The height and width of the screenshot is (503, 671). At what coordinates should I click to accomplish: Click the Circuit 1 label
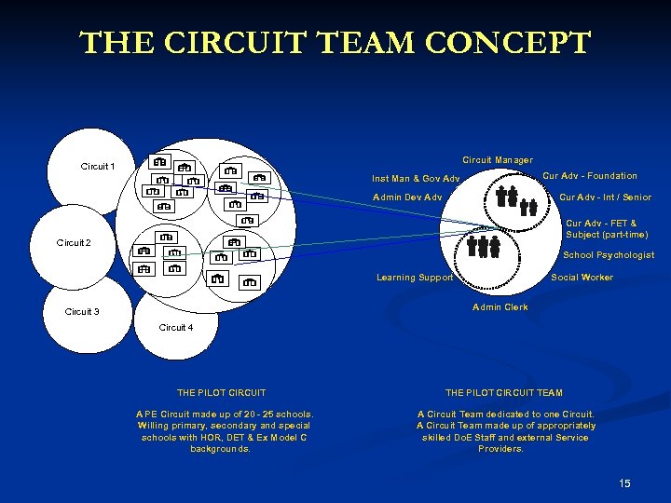pos(98,167)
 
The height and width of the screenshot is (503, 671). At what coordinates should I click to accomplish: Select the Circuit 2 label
pos(74,243)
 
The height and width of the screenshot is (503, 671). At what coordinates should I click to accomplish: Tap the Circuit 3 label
pos(81,312)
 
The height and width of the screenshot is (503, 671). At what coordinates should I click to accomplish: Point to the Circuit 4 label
pos(176,328)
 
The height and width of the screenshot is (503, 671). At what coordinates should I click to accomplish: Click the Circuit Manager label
pos(498,160)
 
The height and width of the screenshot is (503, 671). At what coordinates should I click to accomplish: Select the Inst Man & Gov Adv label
pos(416,179)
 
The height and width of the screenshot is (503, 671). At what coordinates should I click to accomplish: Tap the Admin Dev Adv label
pos(407,197)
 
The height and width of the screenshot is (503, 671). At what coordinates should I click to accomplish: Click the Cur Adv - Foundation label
pos(590,176)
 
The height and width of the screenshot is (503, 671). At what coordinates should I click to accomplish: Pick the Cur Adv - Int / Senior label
pos(605,197)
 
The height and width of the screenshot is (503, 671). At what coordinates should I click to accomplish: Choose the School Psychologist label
pos(609,255)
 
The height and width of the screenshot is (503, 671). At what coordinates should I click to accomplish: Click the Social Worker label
pos(582,278)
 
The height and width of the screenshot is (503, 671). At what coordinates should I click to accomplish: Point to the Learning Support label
pos(415,278)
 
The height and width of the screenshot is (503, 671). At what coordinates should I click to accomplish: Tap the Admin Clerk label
pos(500,307)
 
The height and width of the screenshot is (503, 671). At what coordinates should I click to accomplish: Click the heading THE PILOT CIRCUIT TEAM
pos(504,393)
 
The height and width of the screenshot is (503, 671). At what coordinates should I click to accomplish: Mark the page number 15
pos(624,483)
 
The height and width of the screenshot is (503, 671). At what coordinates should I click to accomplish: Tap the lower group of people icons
pos(484,246)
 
